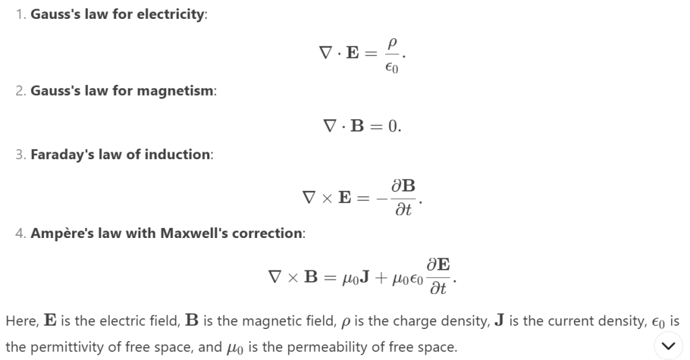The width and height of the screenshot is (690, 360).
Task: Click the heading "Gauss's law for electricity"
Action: (x=118, y=15)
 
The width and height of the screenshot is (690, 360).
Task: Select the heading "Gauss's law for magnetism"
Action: (x=123, y=91)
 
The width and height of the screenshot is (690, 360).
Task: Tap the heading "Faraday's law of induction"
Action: (x=121, y=154)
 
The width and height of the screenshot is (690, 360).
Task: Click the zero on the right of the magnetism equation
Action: (x=395, y=126)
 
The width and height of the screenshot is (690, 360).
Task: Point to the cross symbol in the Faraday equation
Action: (x=326, y=198)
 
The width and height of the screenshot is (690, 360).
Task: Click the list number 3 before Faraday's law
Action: (x=20, y=154)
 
